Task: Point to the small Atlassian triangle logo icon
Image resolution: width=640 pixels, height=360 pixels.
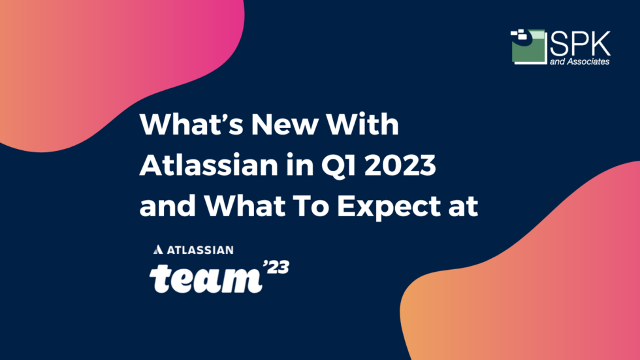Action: [157, 250]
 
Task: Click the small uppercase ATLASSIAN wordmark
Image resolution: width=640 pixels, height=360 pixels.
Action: [199, 250]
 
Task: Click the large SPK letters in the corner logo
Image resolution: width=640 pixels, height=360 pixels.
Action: [581, 43]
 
